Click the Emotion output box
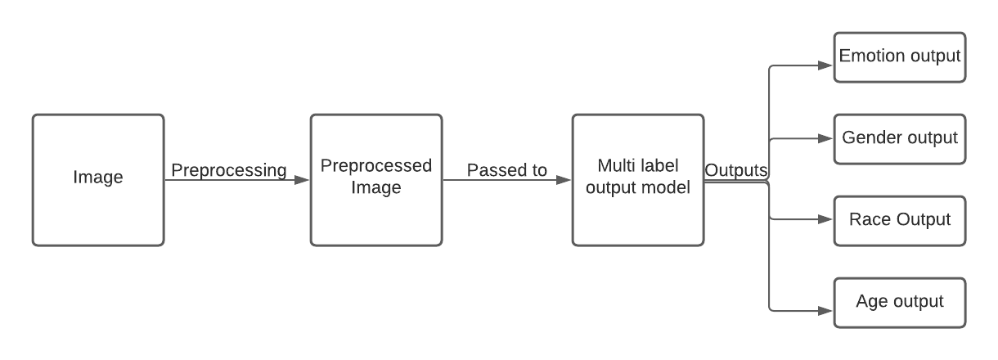(899, 57)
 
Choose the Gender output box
(899, 138)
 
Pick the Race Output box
(899, 220)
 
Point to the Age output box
(899, 302)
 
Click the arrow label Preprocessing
(228, 170)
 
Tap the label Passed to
(506, 170)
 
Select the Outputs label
(736, 170)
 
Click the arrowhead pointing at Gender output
(826, 139)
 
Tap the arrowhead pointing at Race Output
(826, 220)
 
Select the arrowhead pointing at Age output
(826, 310)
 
